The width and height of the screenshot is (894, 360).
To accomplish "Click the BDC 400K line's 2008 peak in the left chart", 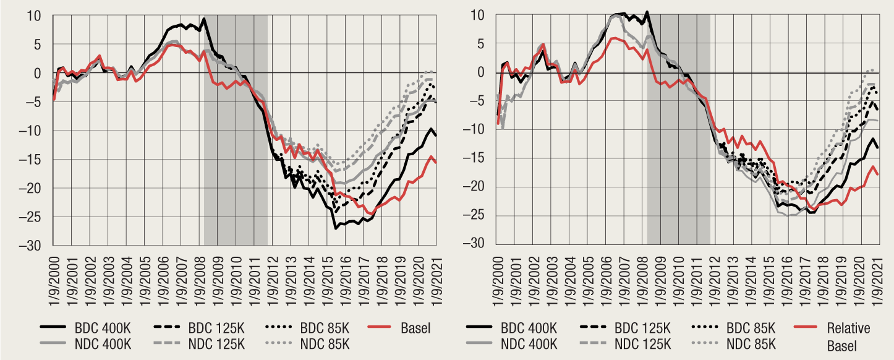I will (x=204, y=19).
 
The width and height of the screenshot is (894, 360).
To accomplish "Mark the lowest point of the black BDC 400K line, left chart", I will (x=336, y=228).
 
